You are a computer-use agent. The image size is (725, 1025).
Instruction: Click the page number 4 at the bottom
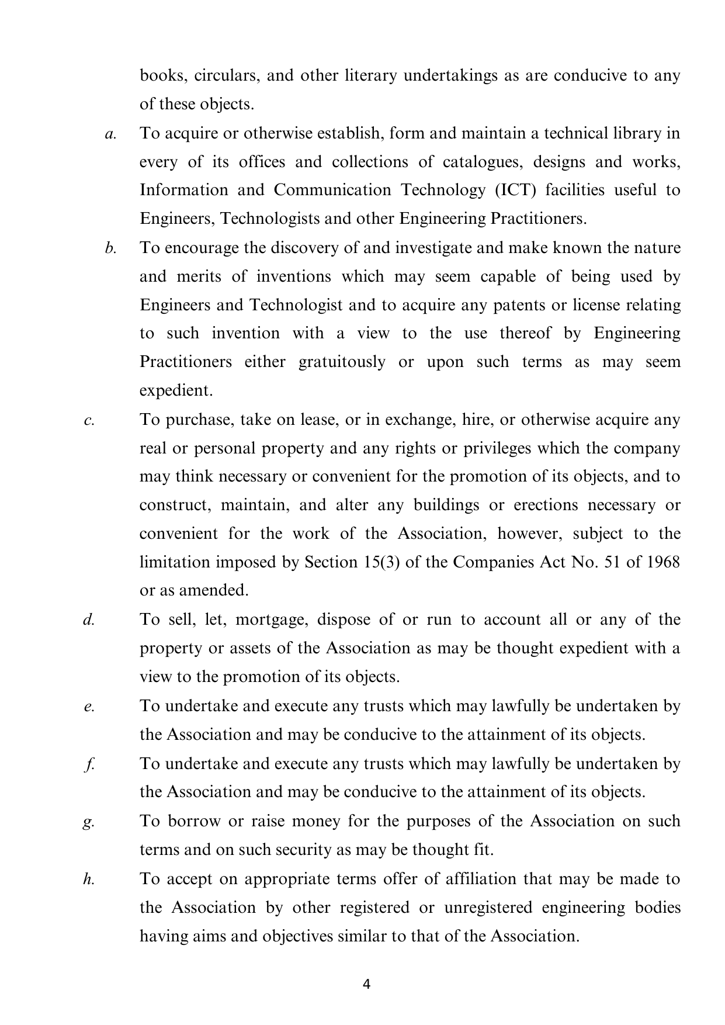click(x=366, y=984)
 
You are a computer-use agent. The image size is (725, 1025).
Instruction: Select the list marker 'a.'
click(x=110, y=134)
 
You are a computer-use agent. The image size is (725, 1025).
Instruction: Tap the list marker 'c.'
click(x=89, y=420)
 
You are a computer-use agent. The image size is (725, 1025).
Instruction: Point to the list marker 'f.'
click(x=89, y=764)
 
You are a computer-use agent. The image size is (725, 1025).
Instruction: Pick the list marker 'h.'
click(x=89, y=879)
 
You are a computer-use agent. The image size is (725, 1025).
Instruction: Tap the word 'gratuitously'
click(x=342, y=362)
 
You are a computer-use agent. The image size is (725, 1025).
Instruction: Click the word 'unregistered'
click(x=488, y=908)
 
